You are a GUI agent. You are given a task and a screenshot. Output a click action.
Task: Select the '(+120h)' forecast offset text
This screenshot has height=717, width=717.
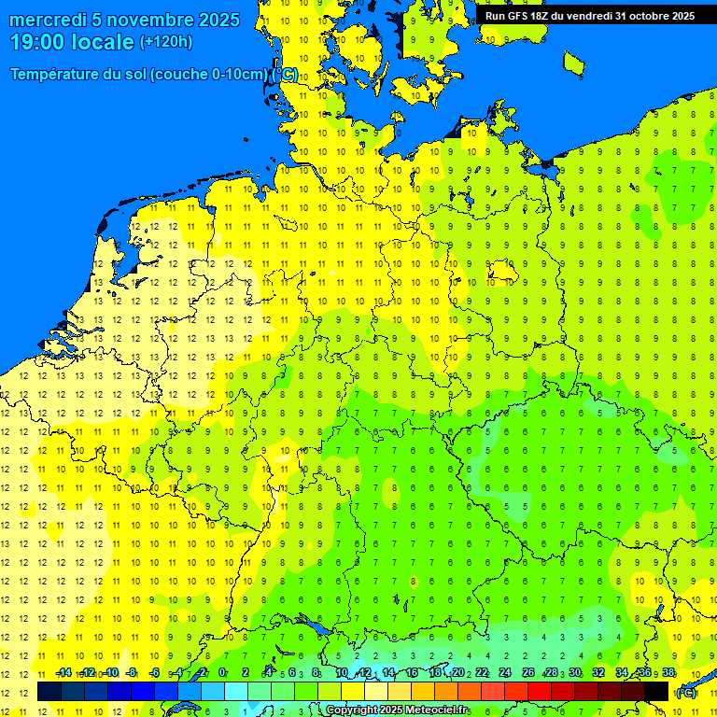166,42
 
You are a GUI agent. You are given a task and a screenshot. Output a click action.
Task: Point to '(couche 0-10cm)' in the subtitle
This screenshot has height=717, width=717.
213,75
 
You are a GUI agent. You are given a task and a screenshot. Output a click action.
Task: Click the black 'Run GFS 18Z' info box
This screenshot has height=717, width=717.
589,15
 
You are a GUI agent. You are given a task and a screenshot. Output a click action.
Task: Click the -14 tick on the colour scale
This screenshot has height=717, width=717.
63,673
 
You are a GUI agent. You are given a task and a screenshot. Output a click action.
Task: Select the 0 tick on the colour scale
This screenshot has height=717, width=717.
222,673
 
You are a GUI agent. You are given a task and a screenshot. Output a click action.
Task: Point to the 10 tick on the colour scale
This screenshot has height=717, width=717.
342,673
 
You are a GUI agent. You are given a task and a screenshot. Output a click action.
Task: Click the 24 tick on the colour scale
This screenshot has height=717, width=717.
505,673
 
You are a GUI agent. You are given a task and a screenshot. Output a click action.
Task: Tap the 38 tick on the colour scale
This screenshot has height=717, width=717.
668,673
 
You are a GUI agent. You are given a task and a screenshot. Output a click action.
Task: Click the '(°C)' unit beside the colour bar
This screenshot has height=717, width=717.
686,692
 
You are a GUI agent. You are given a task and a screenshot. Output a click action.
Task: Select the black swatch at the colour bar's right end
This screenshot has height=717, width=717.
656,691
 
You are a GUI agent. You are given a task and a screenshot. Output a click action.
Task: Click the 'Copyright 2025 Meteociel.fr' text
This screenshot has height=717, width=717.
397,710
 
